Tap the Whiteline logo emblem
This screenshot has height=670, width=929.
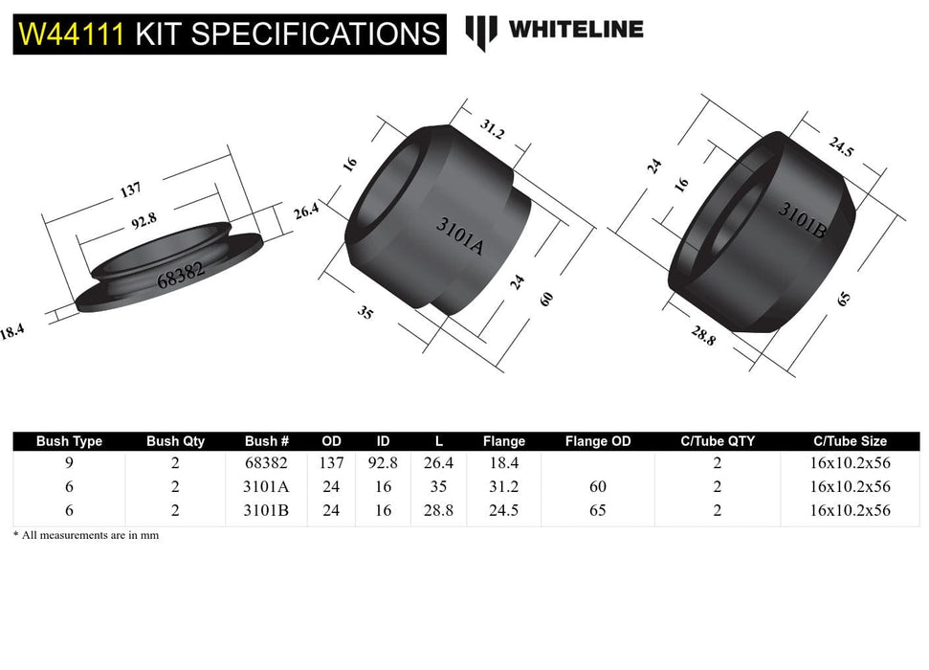481,32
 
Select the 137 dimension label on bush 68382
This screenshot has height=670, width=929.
130,190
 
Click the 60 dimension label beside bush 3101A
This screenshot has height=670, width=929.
546,298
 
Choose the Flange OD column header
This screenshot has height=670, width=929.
598,441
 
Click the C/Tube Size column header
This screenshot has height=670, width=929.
850,441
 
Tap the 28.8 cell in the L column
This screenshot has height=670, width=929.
438,510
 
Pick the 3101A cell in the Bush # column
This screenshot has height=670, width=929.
266,486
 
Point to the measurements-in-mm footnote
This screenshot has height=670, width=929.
86,535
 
